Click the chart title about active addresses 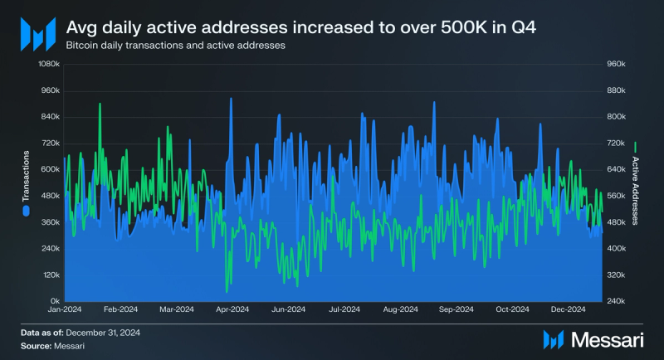coord(301,28)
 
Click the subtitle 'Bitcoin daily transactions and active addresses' coord(175,46)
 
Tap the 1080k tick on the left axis coord(48,64)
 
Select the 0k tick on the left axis coord(54,300)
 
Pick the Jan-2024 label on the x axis coord(64,309)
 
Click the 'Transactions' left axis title coord(27,177)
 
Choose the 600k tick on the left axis coord(50,169)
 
